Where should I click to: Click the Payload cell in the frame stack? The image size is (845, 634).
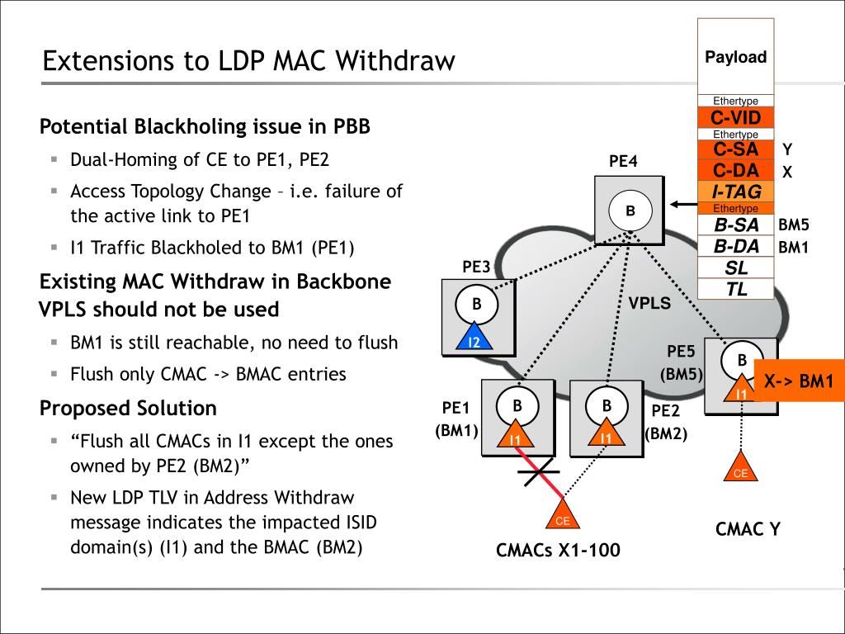(x=735, y=57)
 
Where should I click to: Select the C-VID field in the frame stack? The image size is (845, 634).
(x=735, y=118)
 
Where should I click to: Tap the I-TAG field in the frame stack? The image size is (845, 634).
(x=735, y=192)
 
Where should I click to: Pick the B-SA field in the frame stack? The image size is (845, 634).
(x=735, y=225)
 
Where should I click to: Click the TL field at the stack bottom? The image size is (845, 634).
(x=735, y=289)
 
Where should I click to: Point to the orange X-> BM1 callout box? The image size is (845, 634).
(x=799, y=382)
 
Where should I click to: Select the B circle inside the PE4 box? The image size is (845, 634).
(x=630, y=211)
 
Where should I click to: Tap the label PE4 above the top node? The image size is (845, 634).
(x=623, y=161)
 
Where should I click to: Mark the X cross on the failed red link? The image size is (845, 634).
(x=540, y=474)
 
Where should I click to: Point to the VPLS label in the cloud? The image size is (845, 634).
(x=649, y=303)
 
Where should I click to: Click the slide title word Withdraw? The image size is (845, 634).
(x=397, y=61)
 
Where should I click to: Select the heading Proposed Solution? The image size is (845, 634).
(x=128, y=408)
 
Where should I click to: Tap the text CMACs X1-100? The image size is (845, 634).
(x=557, y=551)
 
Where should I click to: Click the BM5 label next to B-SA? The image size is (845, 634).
(x=794, y=225)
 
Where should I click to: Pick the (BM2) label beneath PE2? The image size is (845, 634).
(x=666, y=433)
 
